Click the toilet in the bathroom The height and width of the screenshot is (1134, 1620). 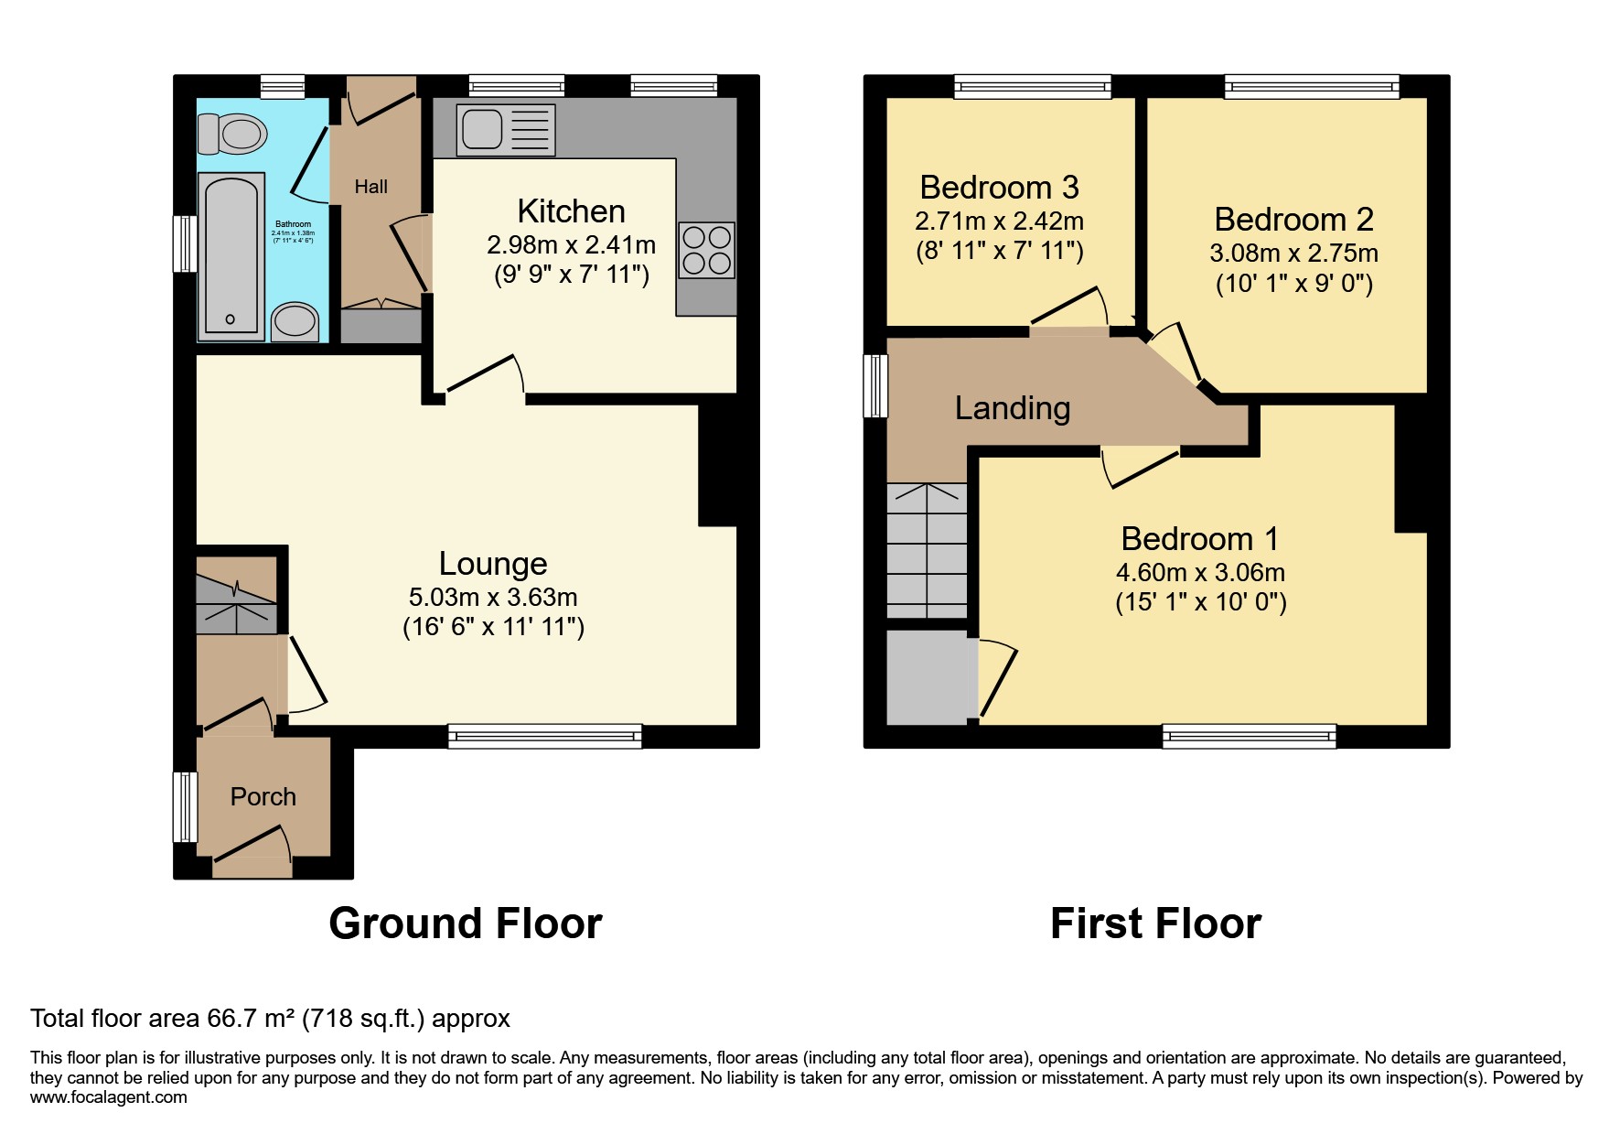click(232, 134)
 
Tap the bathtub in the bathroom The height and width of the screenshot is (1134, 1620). click(231, 254)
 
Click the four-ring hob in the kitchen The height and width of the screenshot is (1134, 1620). click(706, 250)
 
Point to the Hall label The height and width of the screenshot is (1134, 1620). click(370, 187)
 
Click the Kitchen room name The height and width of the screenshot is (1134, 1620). click(571, 211)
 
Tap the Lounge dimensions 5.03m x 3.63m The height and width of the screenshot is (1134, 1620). click(493, 598)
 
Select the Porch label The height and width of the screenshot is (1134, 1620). click(263, 796)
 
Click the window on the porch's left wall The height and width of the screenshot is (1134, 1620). click(186, 806)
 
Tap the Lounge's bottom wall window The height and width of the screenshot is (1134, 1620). click(544, 736)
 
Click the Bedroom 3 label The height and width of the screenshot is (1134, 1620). click(999, 188)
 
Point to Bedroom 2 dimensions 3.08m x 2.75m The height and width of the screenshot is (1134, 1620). click(1293, 254)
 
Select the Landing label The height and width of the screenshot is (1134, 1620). click(1012, 408)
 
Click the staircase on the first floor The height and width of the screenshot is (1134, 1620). click(927, 550)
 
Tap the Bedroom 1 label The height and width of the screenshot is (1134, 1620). click(1199, 538)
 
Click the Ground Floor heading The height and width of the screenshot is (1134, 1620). click(465, 923)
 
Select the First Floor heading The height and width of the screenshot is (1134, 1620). click(1155, 923)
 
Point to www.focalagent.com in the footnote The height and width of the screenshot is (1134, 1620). click(108, 1097)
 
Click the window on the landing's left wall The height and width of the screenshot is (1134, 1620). click(876, 386)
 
